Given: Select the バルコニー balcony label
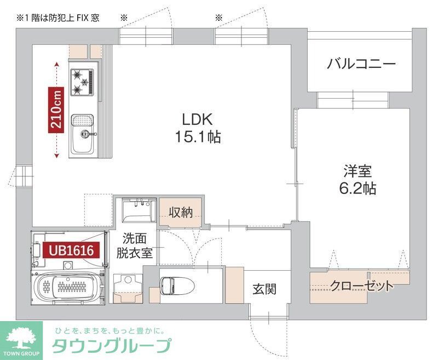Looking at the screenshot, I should tap(361, 64).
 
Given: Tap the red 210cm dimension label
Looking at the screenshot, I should tap(56, 110).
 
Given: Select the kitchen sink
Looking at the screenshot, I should tap(82, 122).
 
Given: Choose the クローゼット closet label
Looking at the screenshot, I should tap(361, 286).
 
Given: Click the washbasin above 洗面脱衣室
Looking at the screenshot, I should tap(137, 210).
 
